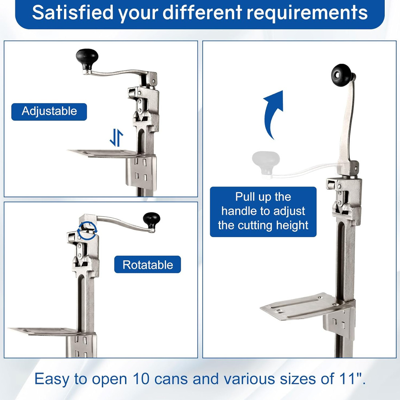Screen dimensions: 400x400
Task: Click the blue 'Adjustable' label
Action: tap(49, 112)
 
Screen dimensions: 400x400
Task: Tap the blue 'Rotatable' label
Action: tap(147, 264)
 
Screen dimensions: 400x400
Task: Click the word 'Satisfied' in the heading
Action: tap(72, 12)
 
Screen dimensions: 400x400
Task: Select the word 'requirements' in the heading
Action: tap(307, 12)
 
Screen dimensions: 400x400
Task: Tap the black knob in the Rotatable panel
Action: tap(152, 220)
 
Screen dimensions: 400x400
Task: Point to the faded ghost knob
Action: tap(265, 163)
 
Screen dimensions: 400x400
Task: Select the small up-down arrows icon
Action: tap(117, 137)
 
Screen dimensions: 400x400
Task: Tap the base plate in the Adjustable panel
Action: tap(105, 153)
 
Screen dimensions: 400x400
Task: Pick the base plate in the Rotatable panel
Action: tap(43, 331)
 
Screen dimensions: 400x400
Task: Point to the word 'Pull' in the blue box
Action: tap(245, 197)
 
